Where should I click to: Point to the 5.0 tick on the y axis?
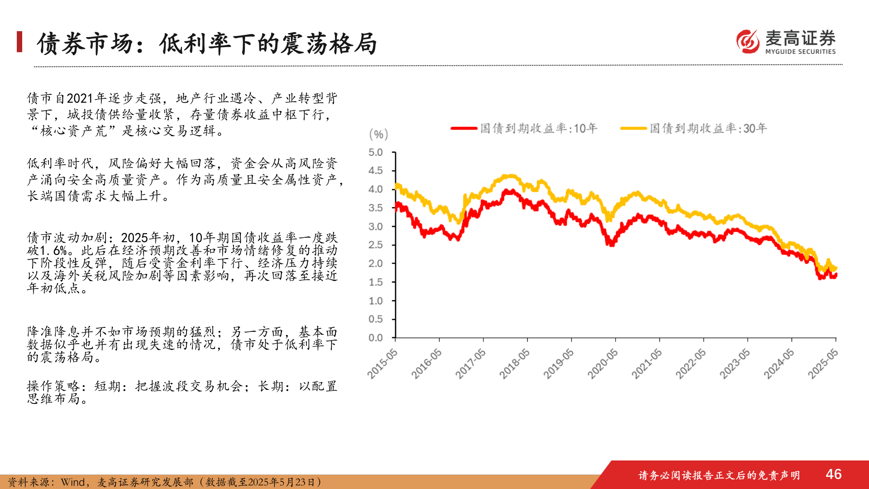375,153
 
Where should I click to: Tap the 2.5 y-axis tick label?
375,245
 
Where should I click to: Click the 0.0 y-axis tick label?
375,338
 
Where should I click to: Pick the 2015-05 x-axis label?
382,364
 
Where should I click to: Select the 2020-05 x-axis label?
603,364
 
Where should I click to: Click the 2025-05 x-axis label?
823,364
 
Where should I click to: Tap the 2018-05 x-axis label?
515,364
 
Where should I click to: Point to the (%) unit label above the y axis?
378,134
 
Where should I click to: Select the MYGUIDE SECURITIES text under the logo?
800,52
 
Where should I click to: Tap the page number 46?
833,474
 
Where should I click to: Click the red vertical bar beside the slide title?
19,42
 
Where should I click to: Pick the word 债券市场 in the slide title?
85,44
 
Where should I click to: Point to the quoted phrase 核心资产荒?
73,131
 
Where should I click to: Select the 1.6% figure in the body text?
54,250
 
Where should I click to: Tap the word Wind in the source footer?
73,482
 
